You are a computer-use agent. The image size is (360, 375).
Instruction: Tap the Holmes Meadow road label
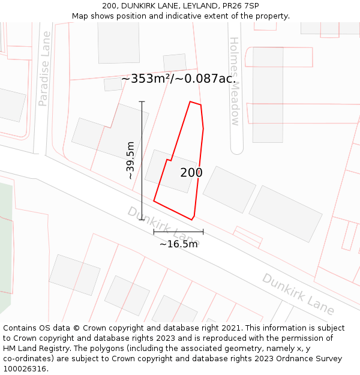[235, 81]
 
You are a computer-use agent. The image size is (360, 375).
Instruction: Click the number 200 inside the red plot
[191, 173]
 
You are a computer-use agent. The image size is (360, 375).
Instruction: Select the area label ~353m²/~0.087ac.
[178, 79]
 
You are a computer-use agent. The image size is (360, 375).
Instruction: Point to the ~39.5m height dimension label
[131, 160]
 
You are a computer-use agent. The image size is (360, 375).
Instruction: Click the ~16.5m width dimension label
[178, 244]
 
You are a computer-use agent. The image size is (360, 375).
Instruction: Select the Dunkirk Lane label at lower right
[298, 294]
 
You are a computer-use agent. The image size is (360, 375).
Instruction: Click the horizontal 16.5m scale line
[178, 232]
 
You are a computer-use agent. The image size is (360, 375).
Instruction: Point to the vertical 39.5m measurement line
[142, 160]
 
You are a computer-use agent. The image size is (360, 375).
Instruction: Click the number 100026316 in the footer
[25, 368]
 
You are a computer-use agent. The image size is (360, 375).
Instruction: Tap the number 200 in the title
[110, 6]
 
